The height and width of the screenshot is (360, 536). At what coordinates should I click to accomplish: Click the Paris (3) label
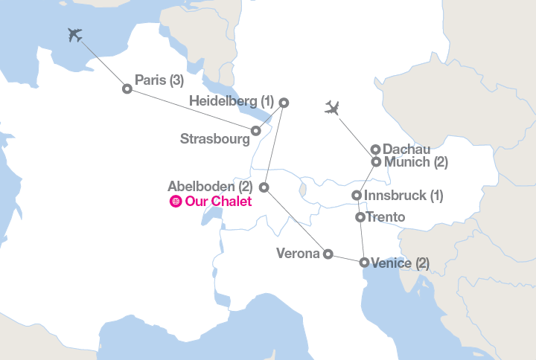[159, 80]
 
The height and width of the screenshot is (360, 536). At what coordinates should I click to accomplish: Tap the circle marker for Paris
[127, 89]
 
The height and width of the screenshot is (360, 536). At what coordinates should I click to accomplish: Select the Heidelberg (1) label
[232, 100]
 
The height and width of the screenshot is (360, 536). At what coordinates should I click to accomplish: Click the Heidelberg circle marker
[284, 103]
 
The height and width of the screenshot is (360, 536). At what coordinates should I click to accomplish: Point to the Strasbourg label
[214, 138]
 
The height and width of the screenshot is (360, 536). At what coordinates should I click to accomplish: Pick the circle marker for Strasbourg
[256, 131]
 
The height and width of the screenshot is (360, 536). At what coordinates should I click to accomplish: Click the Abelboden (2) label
[211, 186]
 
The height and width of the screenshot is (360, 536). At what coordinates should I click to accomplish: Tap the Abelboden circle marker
[264, 187]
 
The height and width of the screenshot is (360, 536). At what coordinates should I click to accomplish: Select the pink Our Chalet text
[218, 202]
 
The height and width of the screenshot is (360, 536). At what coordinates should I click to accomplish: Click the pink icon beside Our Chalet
[176, 202]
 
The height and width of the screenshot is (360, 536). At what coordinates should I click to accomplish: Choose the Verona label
[297, 253]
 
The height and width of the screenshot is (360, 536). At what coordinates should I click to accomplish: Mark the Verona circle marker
[328, 254]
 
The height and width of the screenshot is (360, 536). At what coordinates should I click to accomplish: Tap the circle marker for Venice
[364, 263]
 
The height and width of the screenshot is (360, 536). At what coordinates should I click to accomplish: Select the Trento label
[386, 217]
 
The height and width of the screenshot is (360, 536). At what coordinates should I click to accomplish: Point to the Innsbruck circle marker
[357, 196]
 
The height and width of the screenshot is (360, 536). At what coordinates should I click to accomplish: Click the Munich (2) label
[415, 162]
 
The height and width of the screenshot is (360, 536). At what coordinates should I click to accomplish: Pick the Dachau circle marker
[376, 150]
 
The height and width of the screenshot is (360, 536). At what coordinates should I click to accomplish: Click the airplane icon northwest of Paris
[74, 35]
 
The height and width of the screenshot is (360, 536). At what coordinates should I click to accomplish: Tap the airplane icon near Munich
[333, 109]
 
